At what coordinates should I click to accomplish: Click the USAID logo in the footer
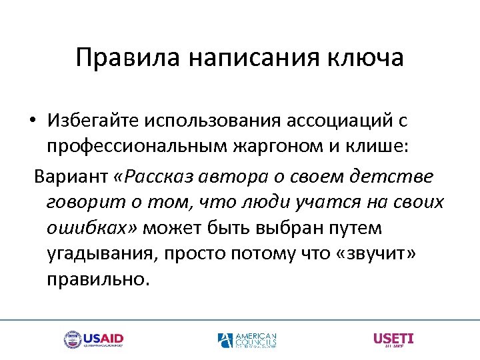point(93,340)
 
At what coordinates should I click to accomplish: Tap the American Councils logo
point(247,340)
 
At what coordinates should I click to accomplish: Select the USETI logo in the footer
point(393,339)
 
